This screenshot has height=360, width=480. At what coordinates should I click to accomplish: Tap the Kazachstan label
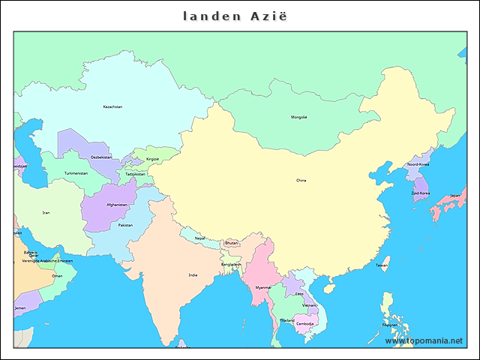coord(112,106)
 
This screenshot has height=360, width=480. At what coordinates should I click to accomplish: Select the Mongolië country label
coord(299,117)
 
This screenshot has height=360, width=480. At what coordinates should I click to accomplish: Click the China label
coord(301,180)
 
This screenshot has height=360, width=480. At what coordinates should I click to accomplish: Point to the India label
coord(193,275)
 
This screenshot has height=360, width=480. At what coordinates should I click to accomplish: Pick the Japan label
coord(454,196)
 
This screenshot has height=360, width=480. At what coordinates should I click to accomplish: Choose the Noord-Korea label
coord(418,164)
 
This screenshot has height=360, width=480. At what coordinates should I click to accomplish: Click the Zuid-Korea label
coord(420,193)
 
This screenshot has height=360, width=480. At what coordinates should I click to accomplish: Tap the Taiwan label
coord(382,265)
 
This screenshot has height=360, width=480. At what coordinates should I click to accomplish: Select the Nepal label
coord(200,238)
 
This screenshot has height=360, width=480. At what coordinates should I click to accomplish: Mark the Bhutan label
coord(231,242)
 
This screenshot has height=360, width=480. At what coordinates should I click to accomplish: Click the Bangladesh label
coord(231,264)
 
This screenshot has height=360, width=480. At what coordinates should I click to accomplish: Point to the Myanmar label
coord(263,287)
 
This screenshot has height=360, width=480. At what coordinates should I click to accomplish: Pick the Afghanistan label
coord(117,204)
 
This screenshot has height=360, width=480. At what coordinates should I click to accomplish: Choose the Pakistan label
coord(125,225)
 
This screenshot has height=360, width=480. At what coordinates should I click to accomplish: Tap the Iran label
coord(46,212)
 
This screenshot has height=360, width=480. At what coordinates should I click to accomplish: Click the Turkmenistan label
coord(76,173)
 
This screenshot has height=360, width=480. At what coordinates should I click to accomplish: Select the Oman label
coord(57,275)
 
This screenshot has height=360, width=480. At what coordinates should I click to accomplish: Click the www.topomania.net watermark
coord(424,341)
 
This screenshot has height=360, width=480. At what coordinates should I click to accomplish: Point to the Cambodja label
coord(305,323)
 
